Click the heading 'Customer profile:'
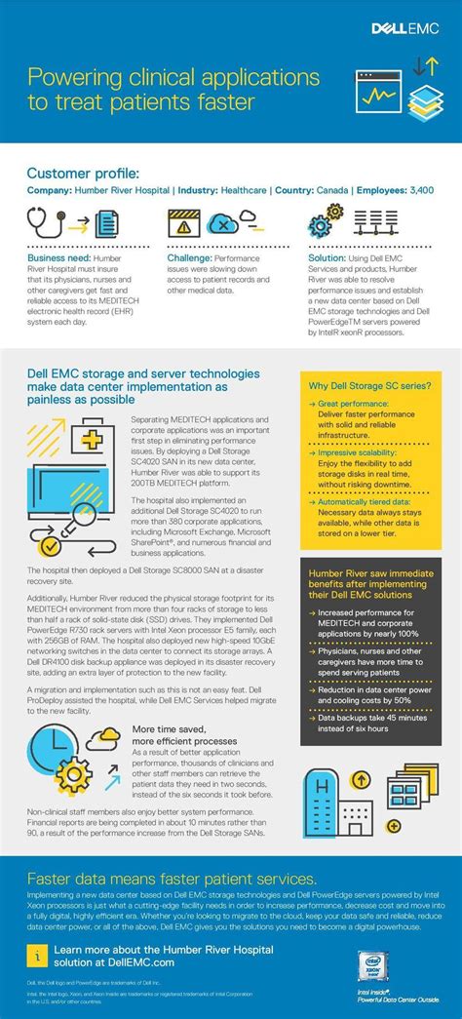coord(83,173)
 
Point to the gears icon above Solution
coord(327,221)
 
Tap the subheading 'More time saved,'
coord(170,728)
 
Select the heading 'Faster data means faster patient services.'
coord(171,879)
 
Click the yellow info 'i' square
coord(36,955)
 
